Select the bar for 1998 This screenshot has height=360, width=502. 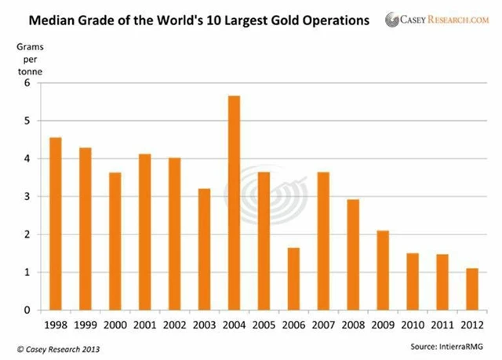point(56,224)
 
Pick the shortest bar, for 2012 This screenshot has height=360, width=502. point(472,289)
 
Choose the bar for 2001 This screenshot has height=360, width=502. point(145,231)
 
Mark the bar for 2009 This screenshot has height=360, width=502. point(383,270)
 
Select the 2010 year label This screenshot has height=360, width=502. point(413,323)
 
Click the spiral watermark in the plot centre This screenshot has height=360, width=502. point(271,196)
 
